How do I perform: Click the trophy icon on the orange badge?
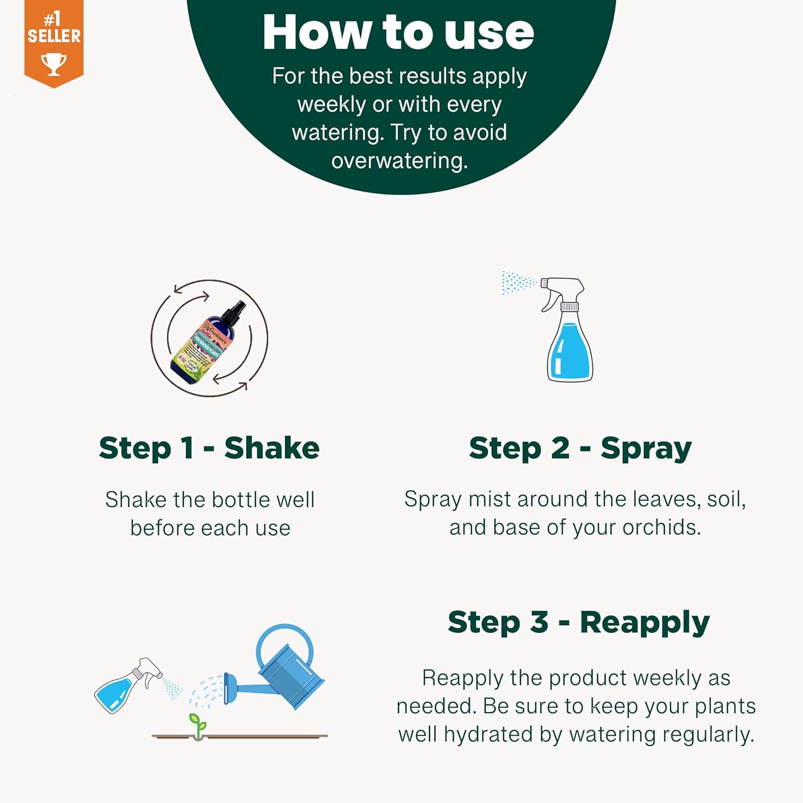54,64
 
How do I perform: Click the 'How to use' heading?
398,33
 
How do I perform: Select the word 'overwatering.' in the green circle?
399,161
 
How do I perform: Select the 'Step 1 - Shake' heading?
209,448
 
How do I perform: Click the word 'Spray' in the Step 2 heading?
646,449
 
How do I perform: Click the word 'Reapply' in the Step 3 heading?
645,623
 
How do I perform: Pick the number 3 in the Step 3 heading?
539,622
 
